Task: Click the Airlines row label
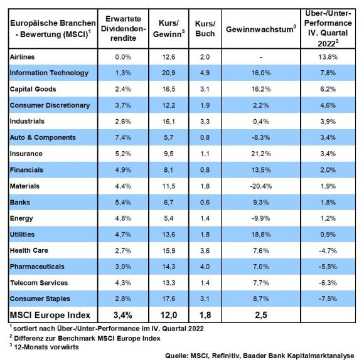tap(22, 57)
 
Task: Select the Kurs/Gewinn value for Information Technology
tap(169, 73)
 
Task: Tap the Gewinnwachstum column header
tap(261, 29)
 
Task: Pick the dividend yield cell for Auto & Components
tap(123, 137)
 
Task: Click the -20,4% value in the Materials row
tap(261, 186)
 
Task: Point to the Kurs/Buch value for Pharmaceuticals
tap(205, 267)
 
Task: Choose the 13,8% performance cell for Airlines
tap(328, 57)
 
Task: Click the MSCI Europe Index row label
tap(50, 315)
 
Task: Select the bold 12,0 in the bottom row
tap(169, 315)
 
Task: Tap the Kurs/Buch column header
tap(205, 28)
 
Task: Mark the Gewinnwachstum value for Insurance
tap(261, 154)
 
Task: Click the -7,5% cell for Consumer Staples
tap(328, 299)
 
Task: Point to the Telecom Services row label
tap(39, 283)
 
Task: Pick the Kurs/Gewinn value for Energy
tap(169, 218)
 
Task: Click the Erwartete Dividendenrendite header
tap(123, 28)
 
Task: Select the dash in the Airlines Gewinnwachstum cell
tap(261, 57)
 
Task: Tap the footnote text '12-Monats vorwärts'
tap(46, 347)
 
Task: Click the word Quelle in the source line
tap(176, 356)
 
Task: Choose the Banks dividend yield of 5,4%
tap(123, 203)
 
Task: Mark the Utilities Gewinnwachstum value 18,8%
tap(261, 235)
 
